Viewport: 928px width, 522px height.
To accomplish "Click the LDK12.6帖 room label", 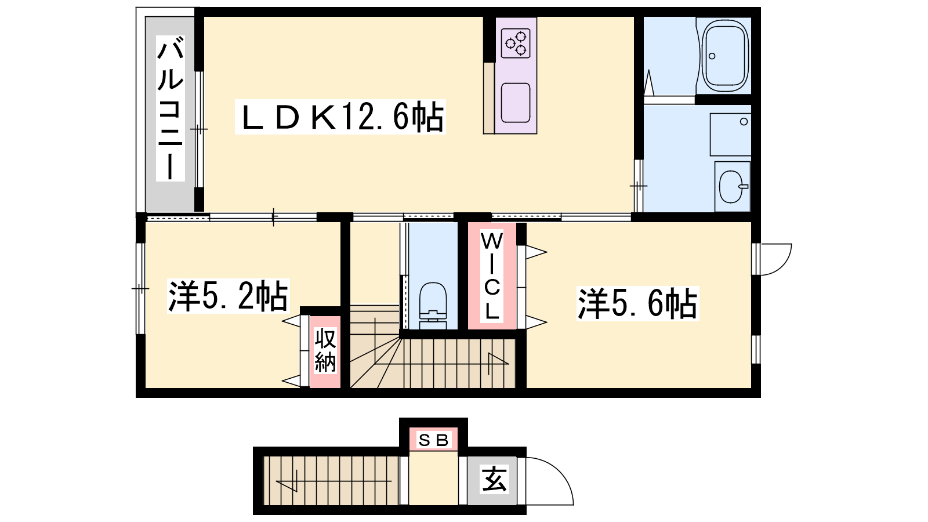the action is click(x=340, y=117).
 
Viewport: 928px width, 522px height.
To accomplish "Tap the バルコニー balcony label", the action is click(x=170, y=108).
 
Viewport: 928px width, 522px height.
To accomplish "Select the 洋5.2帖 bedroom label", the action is click(x=228, y=296).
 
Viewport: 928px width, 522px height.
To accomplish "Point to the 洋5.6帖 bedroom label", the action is click(x=637, y=304).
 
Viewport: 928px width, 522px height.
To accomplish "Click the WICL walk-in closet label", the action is click(x=492, y=276).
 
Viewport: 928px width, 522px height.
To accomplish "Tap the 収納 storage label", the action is click(x=325, y=350).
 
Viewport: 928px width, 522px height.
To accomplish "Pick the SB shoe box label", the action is click(x=433, y=440).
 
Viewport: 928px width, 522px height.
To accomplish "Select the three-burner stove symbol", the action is click(x=516, y=43).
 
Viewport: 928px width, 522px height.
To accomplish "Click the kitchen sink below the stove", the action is click(x=516, y=103).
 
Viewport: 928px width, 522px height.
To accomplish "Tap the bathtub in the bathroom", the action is click(x=724, y=56).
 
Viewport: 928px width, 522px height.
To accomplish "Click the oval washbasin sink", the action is click(x=731, y=186).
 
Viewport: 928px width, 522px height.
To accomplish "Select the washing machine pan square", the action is click(x=730, y=135).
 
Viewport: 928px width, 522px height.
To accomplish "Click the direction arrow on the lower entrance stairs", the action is click(x=333, y=481).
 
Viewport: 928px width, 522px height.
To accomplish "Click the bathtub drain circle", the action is click(x=712, y=56).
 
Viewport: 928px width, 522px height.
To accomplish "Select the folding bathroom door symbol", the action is click(x=648, y=82).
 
